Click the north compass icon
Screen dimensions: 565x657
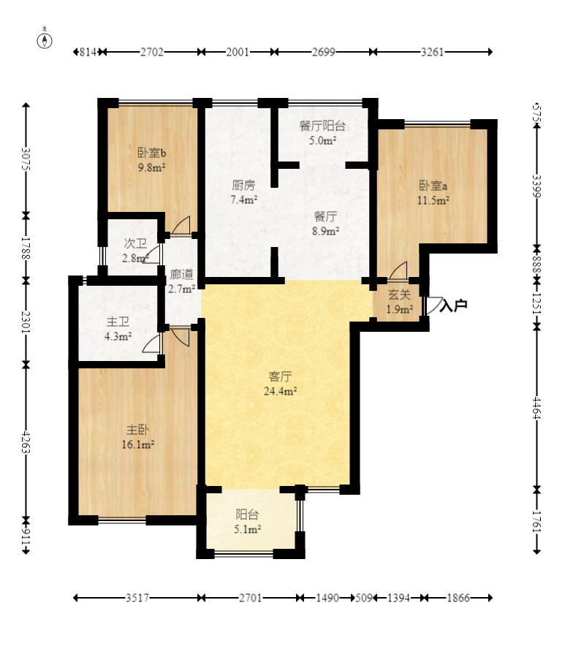click(x=45, y=39)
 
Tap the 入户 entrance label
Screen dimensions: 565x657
click(x=453, y=305)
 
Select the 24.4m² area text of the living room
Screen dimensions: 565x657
click(x=281, y=392)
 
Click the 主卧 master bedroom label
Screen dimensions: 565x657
click(x=137, y=430)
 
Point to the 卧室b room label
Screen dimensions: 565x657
click(x=152, y=153)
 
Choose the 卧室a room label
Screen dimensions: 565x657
click(x=433, y=185)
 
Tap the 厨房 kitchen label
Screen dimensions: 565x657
click(x=243, y=185)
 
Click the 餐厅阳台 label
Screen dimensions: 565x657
click(x=322, y=126)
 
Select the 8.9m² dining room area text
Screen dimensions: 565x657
click(x=326, y=231)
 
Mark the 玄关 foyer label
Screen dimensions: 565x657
click(x=399, y=295)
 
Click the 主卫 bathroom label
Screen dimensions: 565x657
click(x=118, y=322)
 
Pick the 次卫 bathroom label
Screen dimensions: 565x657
click(x=135, y=243)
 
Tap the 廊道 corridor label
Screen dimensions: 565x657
click(x=181, y=275)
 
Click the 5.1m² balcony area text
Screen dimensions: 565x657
click(x=247, y=529)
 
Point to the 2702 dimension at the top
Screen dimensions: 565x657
click(x=152, y=52)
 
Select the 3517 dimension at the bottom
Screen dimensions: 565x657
click(x=137, y=598)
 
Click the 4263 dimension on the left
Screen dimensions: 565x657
click(x=26, y=442)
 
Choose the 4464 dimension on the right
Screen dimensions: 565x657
click(x=537, y=408)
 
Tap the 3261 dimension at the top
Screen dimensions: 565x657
click(x=432, y=52)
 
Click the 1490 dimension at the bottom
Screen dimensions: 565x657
click(x=327, y=598)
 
